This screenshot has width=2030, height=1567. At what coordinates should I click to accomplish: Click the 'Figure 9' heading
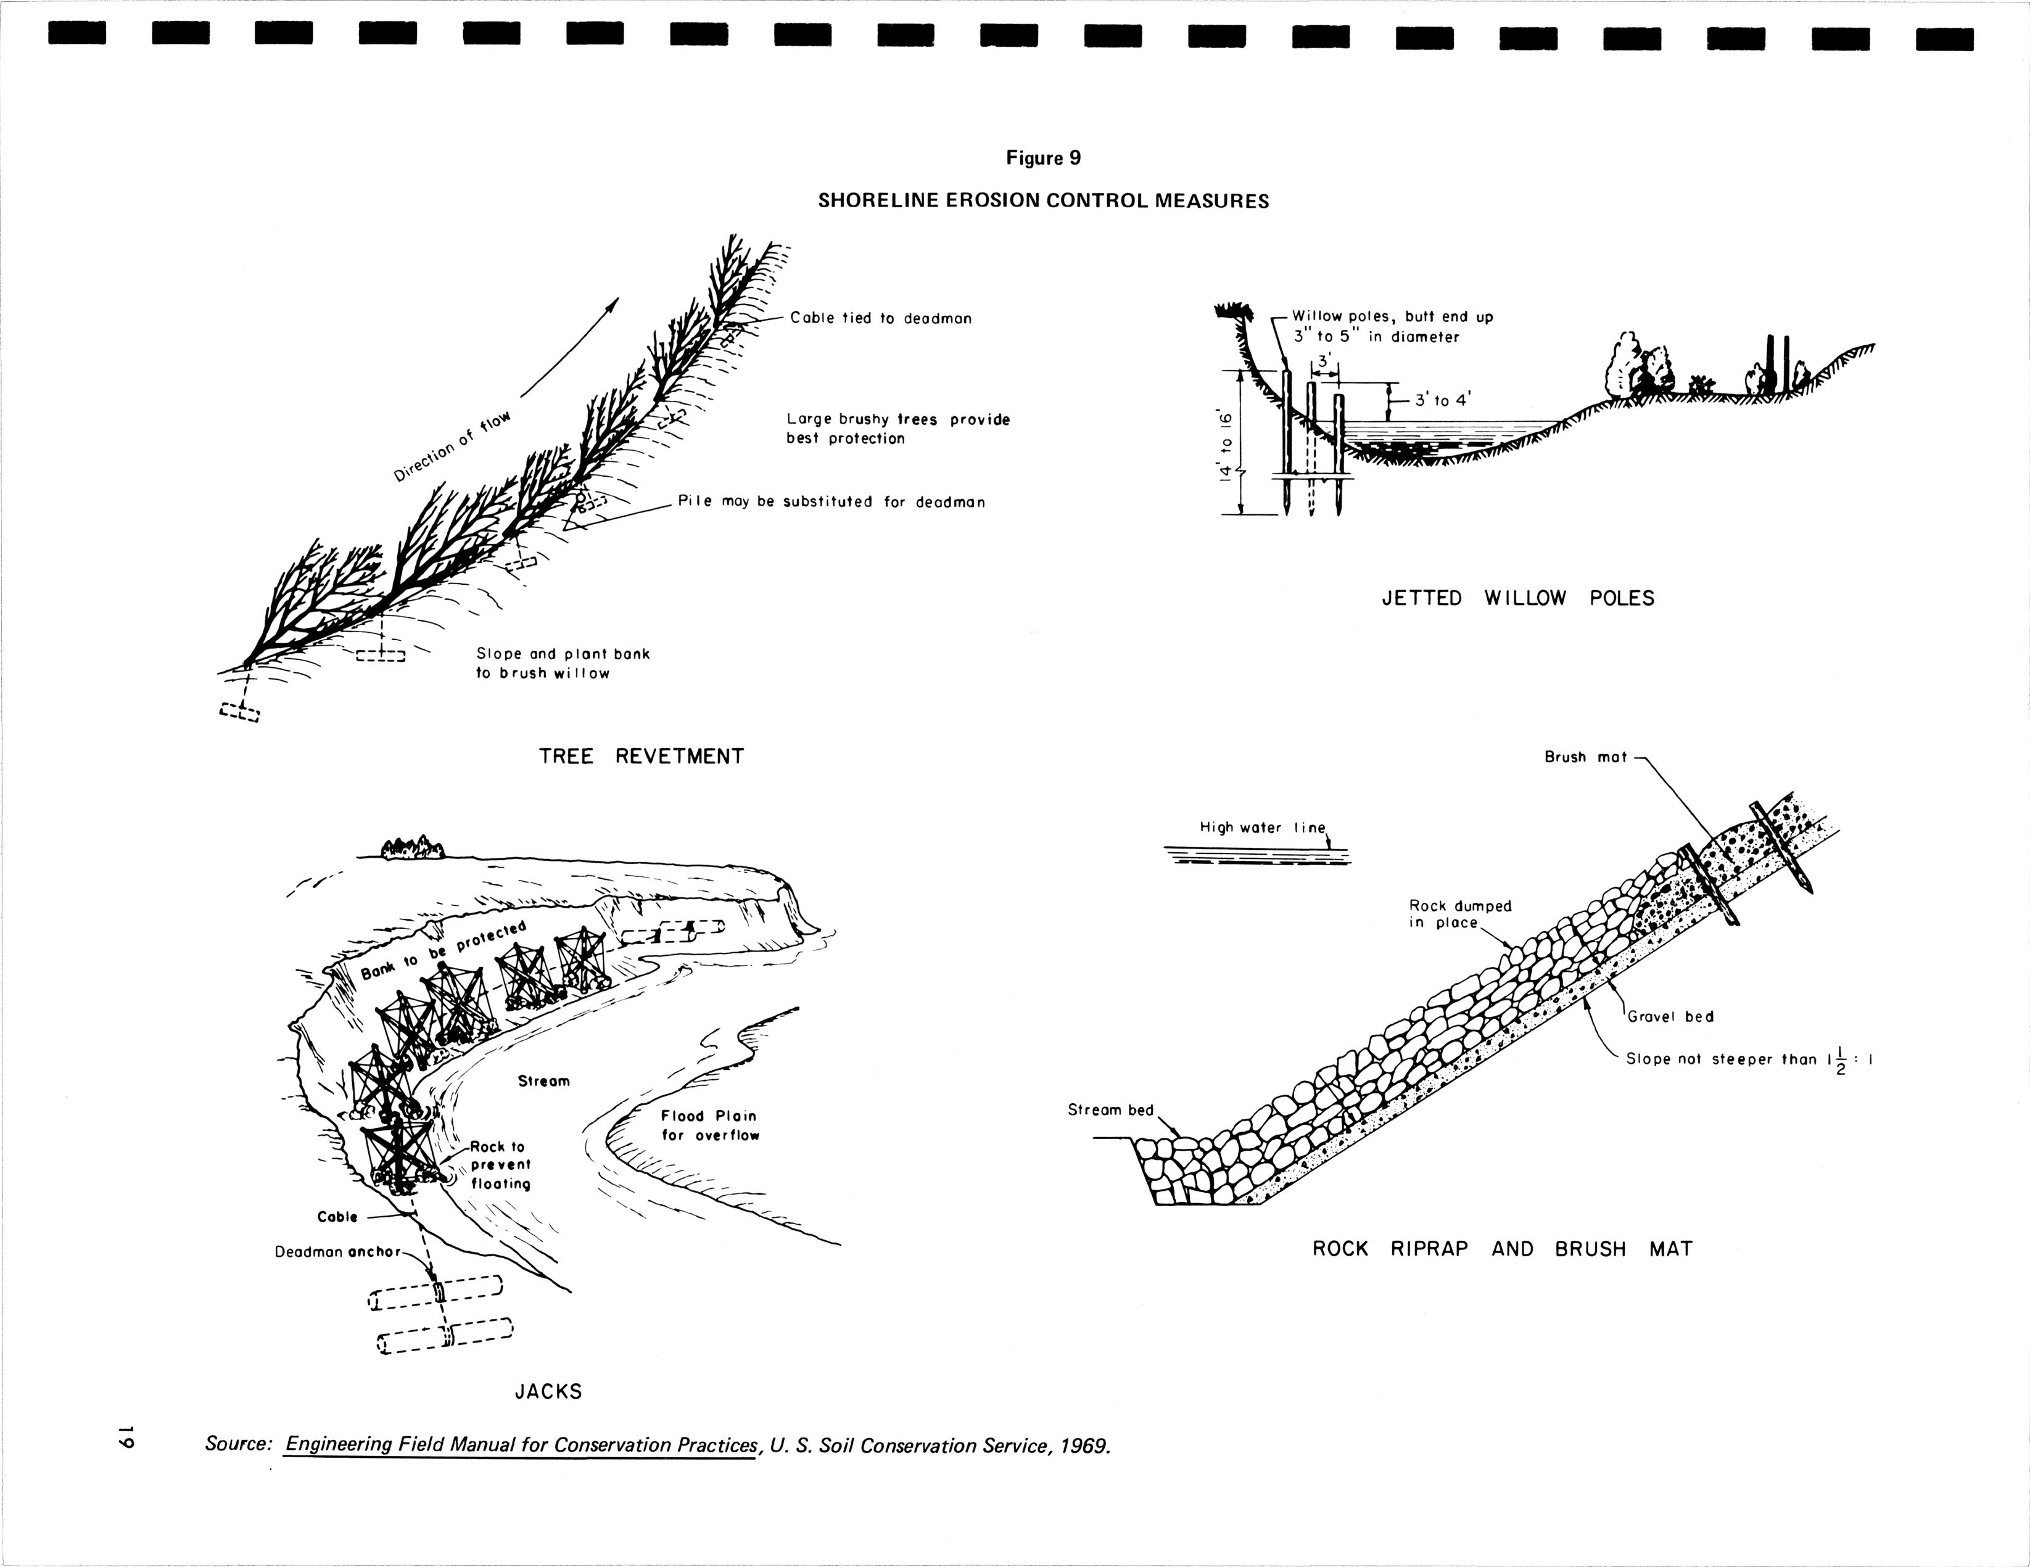coord(1043,158)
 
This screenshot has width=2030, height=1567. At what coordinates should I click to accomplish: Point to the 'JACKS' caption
coord(548,1391)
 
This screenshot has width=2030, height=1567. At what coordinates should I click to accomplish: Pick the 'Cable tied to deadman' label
coord(880,318)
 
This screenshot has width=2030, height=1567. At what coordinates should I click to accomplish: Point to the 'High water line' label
coord(1261,827)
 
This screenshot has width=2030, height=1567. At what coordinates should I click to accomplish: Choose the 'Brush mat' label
coord(1586,757)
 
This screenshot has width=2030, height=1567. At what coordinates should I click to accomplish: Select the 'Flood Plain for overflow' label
coord(709,1125)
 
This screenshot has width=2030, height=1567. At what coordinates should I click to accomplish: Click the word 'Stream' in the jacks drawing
coord(544,1081)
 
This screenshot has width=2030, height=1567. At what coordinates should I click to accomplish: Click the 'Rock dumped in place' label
coord(1459,913)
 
